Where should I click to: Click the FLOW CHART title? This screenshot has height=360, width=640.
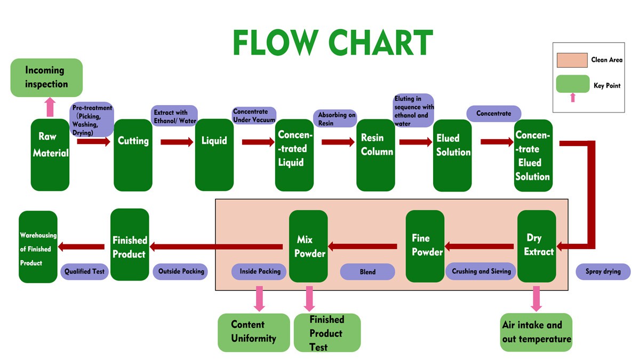[332, 43]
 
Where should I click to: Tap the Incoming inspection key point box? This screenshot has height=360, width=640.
[46, 77]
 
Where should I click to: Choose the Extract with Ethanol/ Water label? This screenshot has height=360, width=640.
[174, 116]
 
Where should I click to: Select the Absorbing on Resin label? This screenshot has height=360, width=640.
[337, 118]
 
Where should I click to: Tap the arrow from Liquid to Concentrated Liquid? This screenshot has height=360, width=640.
[259, 142]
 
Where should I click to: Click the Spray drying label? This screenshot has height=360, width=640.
[603, 271]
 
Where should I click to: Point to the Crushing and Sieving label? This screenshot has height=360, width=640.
[481, 271]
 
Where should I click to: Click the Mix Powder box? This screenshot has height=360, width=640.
[308, 246]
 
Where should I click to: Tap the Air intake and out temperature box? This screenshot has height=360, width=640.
[536, 332]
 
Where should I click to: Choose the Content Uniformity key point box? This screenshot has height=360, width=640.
[254, 332]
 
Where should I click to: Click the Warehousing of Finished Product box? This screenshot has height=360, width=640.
[38, 247]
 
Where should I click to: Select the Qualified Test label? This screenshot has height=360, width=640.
[85, 271]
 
